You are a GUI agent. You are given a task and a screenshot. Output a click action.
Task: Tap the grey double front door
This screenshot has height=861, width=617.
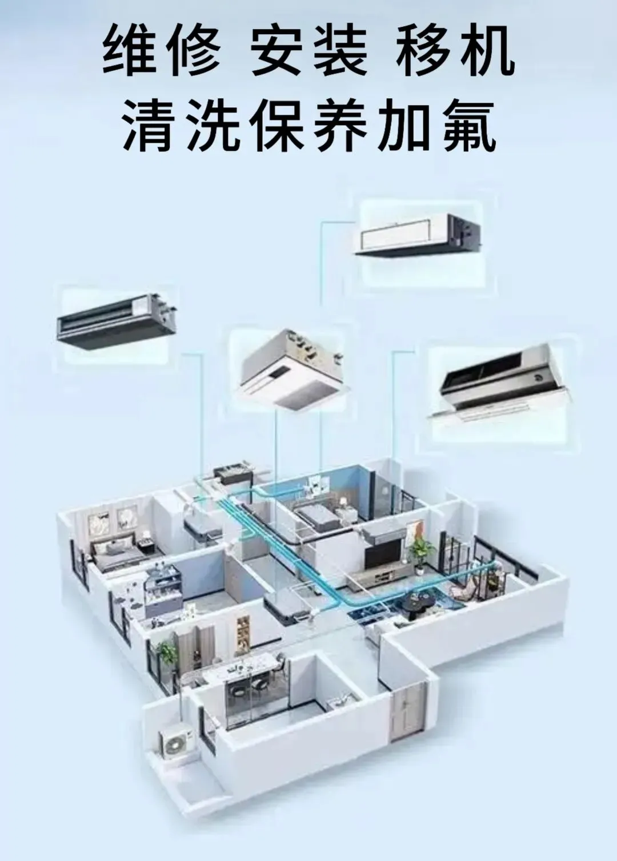408,711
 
